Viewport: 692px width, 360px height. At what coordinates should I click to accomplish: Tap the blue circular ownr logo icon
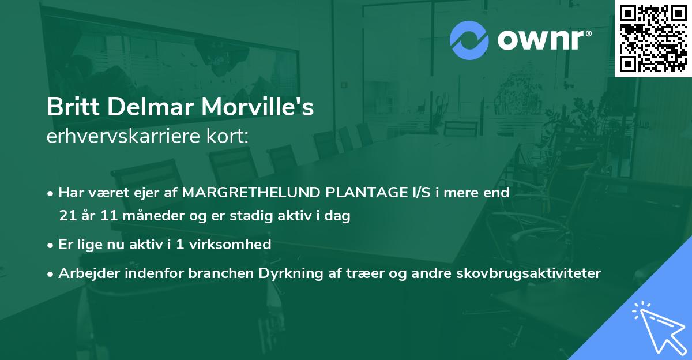click(x=469, y=40)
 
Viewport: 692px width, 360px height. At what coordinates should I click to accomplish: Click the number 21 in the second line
click(x=67, y=216)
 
